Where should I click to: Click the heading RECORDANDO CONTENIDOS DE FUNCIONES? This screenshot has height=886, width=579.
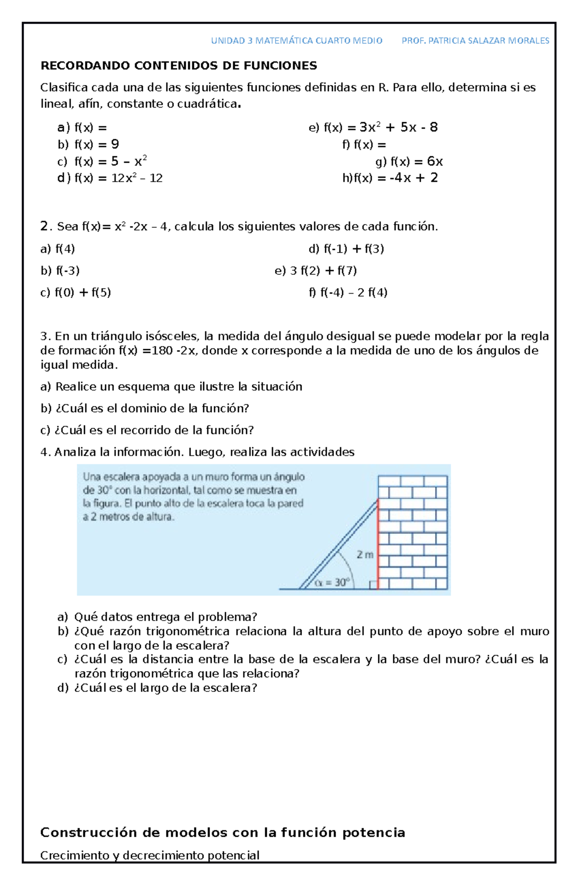[x=179, y=66]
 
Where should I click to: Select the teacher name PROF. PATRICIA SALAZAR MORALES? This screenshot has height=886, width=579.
[x=475, y=41]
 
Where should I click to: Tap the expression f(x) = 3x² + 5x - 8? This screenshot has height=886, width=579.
[x=373, y=127]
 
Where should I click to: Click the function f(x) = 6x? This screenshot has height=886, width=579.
[x=409, y=161]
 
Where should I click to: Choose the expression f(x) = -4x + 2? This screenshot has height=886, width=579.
[x=390, y=178]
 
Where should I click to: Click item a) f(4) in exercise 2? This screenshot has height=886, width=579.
[x=58, y=249]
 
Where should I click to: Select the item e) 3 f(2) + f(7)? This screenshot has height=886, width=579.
[x=316, y=270]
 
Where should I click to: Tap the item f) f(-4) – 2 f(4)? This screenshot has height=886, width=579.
[x=348, y=292]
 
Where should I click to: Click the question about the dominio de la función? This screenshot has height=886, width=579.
[x=145, y=408]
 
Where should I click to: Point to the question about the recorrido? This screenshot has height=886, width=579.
[x=147, y=430]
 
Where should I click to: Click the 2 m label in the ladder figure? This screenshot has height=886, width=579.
[x=365, y=555]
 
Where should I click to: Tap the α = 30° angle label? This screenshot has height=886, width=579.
[x=332, y=583]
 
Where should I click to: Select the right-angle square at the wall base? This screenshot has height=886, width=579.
[x=373, y=585]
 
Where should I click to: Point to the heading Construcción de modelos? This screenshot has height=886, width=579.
[x=222, y=832]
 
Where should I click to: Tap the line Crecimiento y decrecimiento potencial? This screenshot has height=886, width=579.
[x=150, y=856]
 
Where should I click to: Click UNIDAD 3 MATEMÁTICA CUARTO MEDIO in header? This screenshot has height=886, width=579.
[x=296, y=41]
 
